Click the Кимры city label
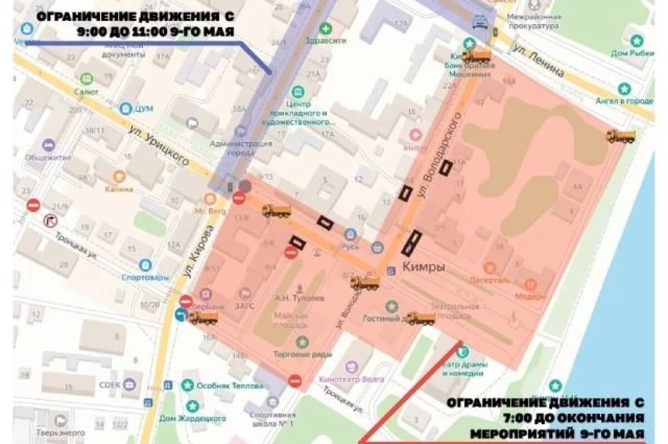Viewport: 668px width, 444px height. click(424, 267)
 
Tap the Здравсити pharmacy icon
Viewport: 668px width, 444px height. click(326, 28)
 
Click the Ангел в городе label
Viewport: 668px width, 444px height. click(623, 101)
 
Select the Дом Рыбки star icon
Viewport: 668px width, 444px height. click(636, 40)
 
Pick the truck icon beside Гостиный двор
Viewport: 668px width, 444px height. click(420, 319)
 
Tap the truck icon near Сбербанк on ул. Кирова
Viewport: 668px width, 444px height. click(203, 318)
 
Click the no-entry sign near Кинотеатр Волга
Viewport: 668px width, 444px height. click(295, 381)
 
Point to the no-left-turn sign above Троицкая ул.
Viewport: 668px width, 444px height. click(50, 221)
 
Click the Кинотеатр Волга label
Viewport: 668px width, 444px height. click(352, 379)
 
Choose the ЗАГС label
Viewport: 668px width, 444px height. click(245, 306)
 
